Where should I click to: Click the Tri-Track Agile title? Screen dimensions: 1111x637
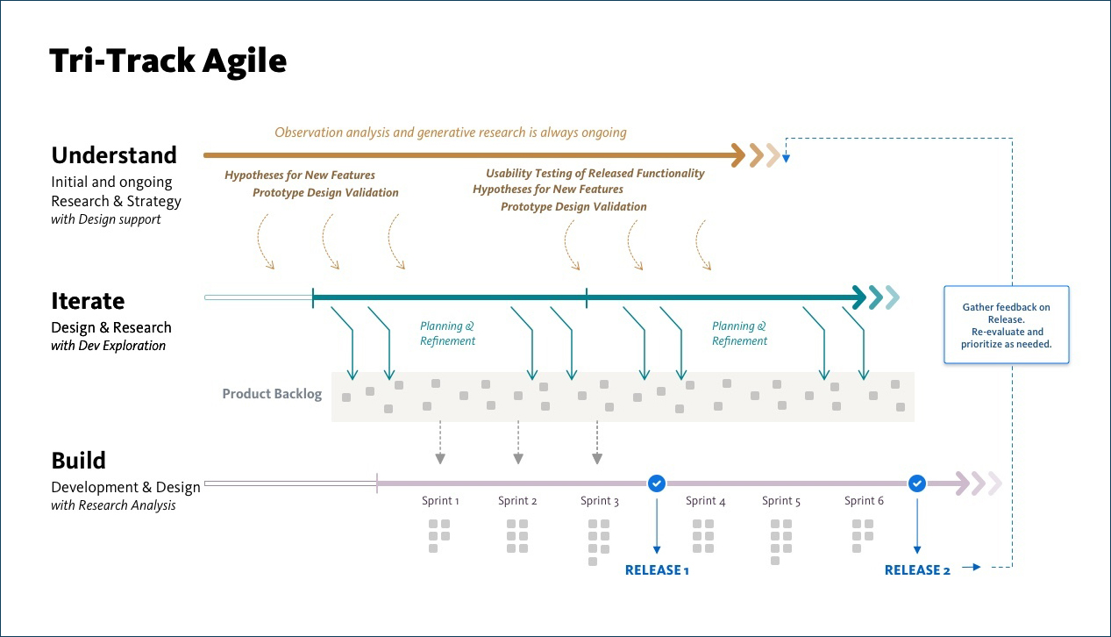click(168, 61)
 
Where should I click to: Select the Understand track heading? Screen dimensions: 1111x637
click(114, 155)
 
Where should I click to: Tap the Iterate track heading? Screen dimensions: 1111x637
click(88, 301)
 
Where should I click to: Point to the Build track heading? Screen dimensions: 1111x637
click(78, 461)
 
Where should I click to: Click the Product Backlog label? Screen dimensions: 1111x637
click(272, 394)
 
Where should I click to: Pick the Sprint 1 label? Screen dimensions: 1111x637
click(440, 501)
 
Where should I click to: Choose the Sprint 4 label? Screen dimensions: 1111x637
click(705, 501)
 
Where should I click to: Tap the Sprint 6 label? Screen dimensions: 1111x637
click(864, 501)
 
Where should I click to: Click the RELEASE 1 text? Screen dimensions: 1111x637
click(657, 570)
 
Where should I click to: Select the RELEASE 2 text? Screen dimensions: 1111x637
click(917, 570)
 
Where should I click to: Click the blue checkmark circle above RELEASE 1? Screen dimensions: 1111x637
click(657, 483)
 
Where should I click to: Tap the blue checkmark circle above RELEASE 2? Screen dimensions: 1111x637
click(917, 483)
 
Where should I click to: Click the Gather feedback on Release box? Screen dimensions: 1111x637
click(1007, 325)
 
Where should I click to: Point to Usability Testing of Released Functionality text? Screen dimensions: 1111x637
click(595, 173)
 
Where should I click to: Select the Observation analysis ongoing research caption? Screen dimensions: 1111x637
click(451, 132)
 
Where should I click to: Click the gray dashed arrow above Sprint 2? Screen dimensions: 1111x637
click(518, 442)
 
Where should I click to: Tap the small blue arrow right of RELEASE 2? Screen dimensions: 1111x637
click(971, 567)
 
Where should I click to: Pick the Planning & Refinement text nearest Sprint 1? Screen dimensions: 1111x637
click(447, 333)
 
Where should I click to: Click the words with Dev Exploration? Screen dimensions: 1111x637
click(108, 346)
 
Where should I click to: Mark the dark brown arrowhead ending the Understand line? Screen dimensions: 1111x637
click(738, 155)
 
